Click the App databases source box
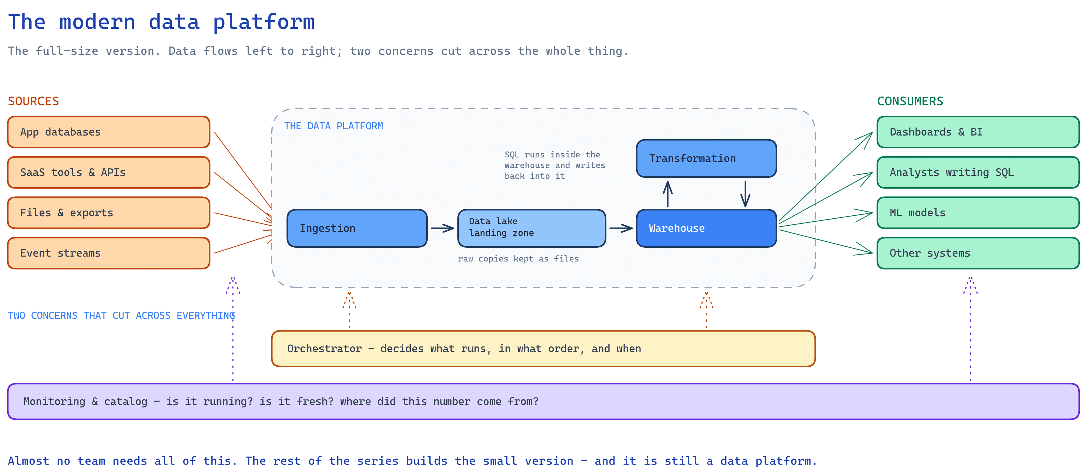(108, 132)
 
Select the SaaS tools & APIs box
(108, 172)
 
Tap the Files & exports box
(108, 213)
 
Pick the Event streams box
(108, 253)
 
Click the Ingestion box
(357, 228)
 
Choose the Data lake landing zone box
(532, 228)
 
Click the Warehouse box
(706, 228)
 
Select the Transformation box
(706, 159)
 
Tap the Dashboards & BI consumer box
(978, 132)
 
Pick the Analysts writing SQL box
(978, 172)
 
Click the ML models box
(978, 213)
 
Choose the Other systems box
(978, 253)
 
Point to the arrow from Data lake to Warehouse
(621, 228)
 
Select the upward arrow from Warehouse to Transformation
(668, 194)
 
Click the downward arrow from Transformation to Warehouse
(745, 194)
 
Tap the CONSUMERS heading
(910, 101)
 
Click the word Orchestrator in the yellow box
(325, 349)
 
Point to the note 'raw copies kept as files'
(518, 259)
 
